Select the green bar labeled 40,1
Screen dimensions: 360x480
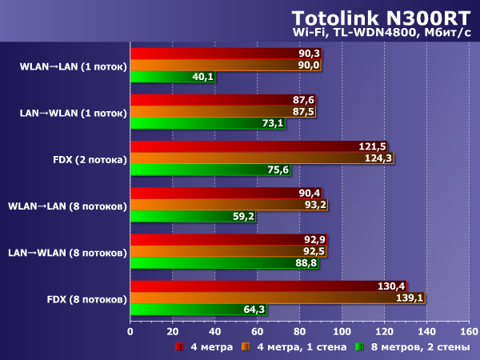tap(172, 78)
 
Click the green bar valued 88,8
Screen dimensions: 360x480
tap(223, 263)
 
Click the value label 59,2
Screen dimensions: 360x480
tap(242, 217)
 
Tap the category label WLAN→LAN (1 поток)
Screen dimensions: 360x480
tap(73, 66)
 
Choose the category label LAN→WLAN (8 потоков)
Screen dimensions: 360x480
tap(67, 253)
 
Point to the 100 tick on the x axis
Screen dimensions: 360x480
tap(342, 330)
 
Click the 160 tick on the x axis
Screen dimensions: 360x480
tap(469, 330)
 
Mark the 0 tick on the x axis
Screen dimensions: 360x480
tap(130, 330)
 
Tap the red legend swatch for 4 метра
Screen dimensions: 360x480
tap(180, 347)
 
